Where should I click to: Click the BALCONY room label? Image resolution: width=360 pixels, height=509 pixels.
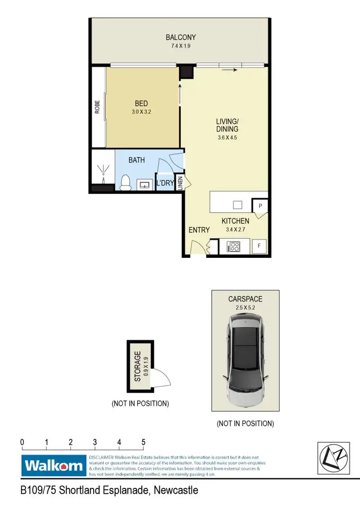pyautogui.click(x=180, y=37)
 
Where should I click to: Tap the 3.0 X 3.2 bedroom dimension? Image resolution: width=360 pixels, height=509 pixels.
pyautogui.click(x=141, y=112)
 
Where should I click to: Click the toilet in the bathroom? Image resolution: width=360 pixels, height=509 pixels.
pyautogui.click(x=126, y=182)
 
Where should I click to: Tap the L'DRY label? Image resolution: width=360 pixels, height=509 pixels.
pyautogui.click(x=165, y=183)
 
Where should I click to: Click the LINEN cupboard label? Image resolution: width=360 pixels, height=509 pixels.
pyautogui.click(x=180, y=182)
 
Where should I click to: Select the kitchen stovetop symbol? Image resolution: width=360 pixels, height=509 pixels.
pyautogui.click(x=234, y=247)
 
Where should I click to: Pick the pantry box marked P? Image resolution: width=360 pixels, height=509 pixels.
pyautogui.click(x=260, y=206)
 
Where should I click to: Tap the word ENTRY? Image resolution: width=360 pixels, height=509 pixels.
pyautogui.click(x=199, y=230)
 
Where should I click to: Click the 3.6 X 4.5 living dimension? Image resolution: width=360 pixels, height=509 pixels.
pyautogui.click(x=227, y=137)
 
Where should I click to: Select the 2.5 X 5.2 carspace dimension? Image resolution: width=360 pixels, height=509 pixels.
pyautogui.click(x=245, y=307)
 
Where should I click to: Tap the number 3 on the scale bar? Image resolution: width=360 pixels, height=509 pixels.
pyautogui.click(x=95, y=442)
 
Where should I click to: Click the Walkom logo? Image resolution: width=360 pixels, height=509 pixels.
pyautogui.click(x=54, y=465)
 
